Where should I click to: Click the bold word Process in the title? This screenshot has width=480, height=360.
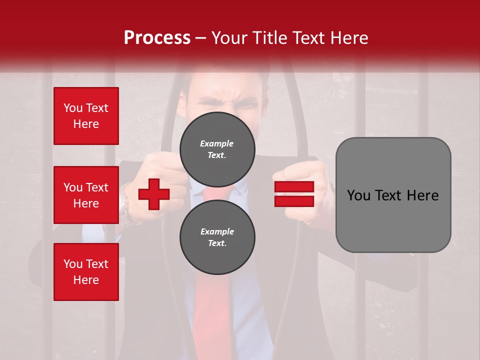157,38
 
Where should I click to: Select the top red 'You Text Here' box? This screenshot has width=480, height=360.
86,116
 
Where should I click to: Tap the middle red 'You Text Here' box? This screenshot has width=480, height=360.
86,195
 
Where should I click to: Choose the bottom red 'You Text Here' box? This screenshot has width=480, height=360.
86,272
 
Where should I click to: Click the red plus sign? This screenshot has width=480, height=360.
154,194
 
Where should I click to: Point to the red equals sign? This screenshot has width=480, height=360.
294,194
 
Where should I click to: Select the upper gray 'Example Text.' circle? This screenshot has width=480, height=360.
217,149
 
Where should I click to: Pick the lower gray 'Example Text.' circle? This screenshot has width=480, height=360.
217,237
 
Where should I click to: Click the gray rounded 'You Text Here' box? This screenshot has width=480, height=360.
393,195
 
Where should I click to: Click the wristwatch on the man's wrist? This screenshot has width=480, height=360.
123,205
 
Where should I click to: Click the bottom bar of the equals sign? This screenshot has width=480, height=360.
294,201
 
